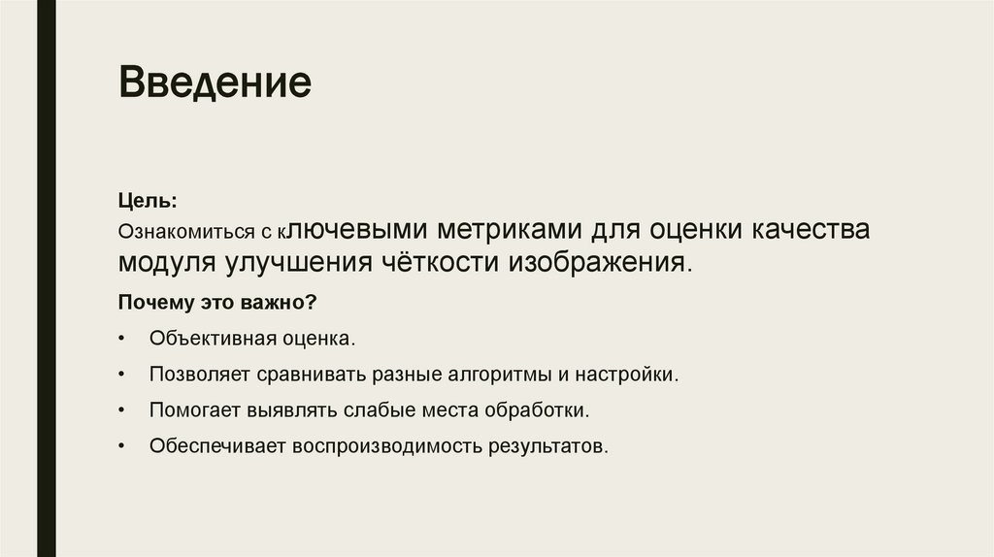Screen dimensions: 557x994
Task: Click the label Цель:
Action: tap(148, 200)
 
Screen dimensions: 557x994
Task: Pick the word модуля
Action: tap(167, 263)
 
